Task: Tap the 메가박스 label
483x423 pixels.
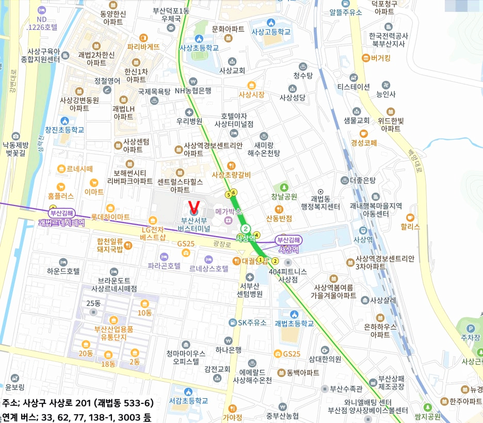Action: [x=228, y=212]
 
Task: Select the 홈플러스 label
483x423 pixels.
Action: [x=60, y=196]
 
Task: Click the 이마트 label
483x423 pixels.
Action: [x=94, y=192]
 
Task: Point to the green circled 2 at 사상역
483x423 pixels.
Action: [x=246, y=229]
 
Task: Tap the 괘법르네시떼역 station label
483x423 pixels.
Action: [x=61, y=223]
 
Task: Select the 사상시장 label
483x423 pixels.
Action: [x=251, y=95]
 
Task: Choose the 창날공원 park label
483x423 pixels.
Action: [x=284, y=196]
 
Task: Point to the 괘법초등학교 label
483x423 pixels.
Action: [x=294, y=324]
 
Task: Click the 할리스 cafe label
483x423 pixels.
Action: [x=411, y=226]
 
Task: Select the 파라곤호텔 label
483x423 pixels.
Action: [x=164, y=266]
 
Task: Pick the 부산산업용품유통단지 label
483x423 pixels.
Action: [x=113, y=333]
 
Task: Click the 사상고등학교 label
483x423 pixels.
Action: [x=271, y=32]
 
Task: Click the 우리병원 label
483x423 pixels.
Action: [x=189, y=121]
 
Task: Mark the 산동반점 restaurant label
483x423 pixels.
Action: [x=279, y=218]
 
